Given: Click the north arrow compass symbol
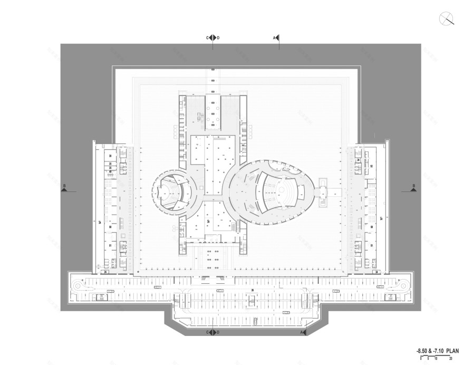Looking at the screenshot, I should [x=446, y=19].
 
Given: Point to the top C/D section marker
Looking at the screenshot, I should [x=212, y=38].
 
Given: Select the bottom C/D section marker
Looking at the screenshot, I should [x=212, y=333].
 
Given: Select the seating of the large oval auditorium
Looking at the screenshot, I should [x=274, y=189].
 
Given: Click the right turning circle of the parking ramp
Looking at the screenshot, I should [x=399, y=285].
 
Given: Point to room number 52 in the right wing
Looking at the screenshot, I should [x=372, y=166].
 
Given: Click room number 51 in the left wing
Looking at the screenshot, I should [x=110, y=245].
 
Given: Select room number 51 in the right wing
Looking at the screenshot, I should [x=372, y=245].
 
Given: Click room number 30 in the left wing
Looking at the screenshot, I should [x=110, y=156].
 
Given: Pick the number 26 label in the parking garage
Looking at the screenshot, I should [x=253, y=290].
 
